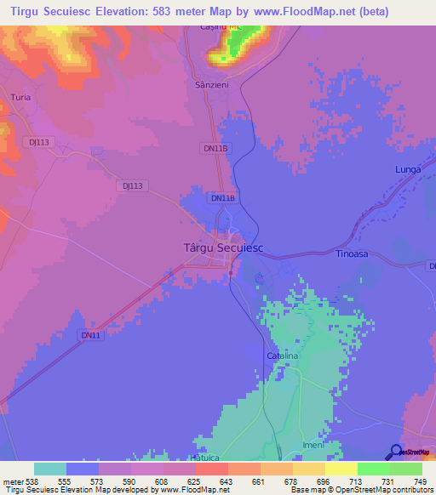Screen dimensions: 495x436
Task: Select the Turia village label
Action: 20,98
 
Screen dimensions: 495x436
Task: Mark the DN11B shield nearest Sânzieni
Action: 216,148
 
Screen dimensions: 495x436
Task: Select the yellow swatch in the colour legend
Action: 341,469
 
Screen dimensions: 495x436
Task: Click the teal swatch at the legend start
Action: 50,469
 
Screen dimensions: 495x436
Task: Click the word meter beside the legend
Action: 13,481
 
